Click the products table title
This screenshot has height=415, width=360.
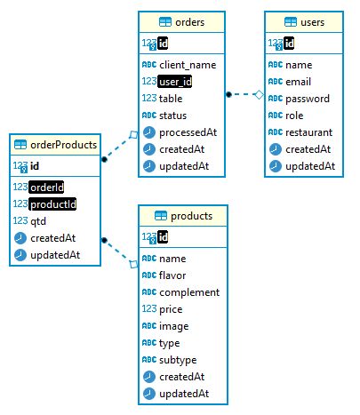pyautogui.click(x=190, y=215)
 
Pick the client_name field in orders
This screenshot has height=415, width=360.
pyautogui.click(x=188, y=65)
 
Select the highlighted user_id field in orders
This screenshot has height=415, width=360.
pyautogui.click(x=175, y=82)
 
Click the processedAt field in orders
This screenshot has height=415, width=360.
pyautogui.click(x=188, y=132)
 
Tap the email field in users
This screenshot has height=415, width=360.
pyautogui.click(x=300, y=82)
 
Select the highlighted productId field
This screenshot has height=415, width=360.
pyautogui.click(x=52, y=204)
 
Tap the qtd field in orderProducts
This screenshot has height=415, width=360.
pyautogui.click(x=40, y=221)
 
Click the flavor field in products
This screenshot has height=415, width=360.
pyautogui.click(x=174, y=275)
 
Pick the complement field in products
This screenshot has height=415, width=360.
pyautogui.click(x=189, y=292)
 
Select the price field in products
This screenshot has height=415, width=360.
pyautogui.click(x=172, y=309)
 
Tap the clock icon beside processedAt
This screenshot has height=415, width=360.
pyautogui.click(x=148, y=132)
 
